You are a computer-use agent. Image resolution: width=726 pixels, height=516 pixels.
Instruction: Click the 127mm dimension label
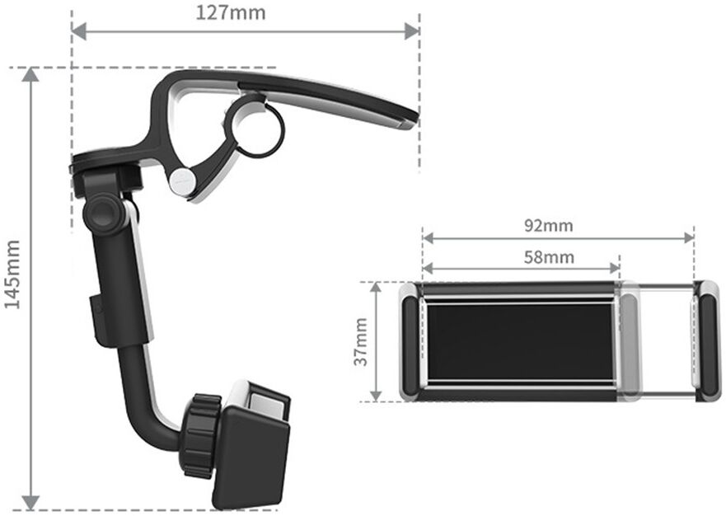(x=231, y=12)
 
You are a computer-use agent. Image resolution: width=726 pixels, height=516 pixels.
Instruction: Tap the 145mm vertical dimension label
(x=12, y=274)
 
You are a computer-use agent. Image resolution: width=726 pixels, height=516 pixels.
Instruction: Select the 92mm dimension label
(x=549, y=226)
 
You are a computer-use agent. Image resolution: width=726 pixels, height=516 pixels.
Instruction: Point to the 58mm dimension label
(x=549, y=257)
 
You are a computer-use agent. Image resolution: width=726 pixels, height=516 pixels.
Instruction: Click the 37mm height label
(x=361, y=342)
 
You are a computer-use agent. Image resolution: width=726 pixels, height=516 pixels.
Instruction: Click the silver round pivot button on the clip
(x=181, y=181)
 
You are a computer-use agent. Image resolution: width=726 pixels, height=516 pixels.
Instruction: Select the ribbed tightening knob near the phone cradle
(x=201, y=435)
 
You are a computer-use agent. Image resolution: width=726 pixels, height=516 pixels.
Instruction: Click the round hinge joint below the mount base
(x=104, y=213)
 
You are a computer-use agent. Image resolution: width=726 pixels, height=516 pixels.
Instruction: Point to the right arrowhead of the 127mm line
(x=412, y=32)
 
